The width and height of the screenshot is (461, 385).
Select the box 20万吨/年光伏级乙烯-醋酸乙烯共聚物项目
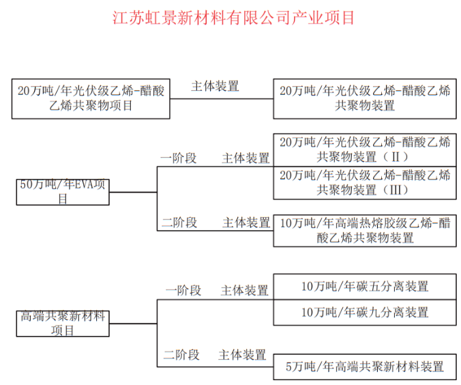click(91, 98)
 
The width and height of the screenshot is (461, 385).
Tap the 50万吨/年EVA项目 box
click(62, 192)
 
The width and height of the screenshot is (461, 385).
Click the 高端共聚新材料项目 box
click(62, 324)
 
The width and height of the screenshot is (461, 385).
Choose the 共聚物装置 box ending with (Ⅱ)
click(365, 149)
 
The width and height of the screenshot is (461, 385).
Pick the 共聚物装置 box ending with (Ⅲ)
click(365, 182)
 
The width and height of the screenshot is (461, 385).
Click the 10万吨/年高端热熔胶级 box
click(365, 231)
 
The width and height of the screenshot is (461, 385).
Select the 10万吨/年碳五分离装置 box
click(365, 286)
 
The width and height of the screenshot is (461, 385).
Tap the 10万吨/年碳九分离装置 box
click(365, 312)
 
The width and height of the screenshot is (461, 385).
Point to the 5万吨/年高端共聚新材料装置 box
click(365, 367)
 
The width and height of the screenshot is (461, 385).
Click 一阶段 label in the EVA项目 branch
click(179, 158)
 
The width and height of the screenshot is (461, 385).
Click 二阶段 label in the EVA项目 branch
click(179, 223)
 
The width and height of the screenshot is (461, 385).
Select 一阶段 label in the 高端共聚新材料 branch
click(183, 291)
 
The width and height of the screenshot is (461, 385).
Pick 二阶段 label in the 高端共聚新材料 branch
click(181, 355)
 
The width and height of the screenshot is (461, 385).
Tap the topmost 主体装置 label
click(215, 86)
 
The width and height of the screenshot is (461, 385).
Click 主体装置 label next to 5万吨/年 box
click(242, 355)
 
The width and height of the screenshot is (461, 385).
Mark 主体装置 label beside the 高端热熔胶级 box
click(246, 223)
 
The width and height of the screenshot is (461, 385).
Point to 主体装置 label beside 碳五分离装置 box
click(244, 291)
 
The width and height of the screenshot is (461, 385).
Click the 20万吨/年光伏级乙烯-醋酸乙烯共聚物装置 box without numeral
click(365, 98)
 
